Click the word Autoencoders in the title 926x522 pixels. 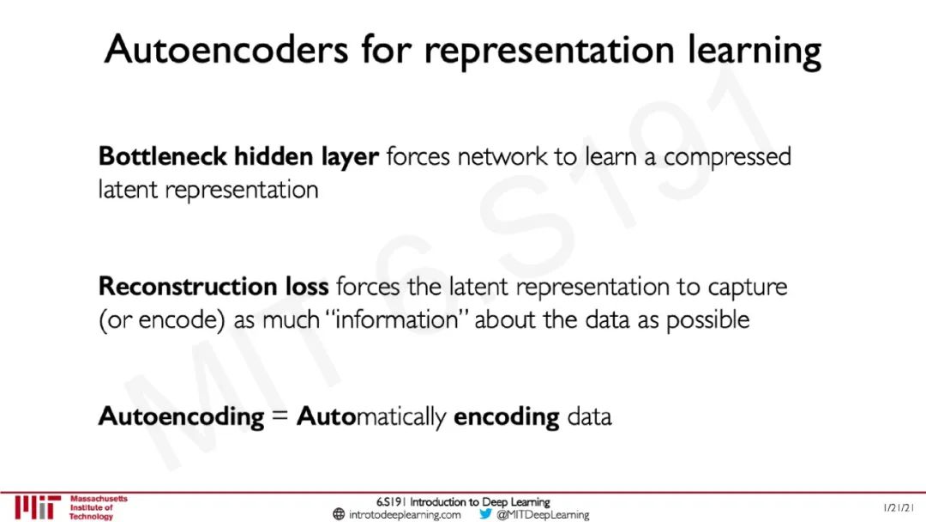(x=225, y=49)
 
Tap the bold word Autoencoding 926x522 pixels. (x=181, y=417)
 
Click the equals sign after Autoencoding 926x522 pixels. (x=280, y=417)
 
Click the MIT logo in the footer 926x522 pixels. (x=37, y=507)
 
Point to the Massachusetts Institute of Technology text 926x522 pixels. (x=98, y=507)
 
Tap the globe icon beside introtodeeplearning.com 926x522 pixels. (x=339, y=515)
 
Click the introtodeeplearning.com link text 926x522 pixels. (x=405, y=515)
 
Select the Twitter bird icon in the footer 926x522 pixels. (x=485, y=514)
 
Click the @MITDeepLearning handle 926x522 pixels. (x=543, y=515)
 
